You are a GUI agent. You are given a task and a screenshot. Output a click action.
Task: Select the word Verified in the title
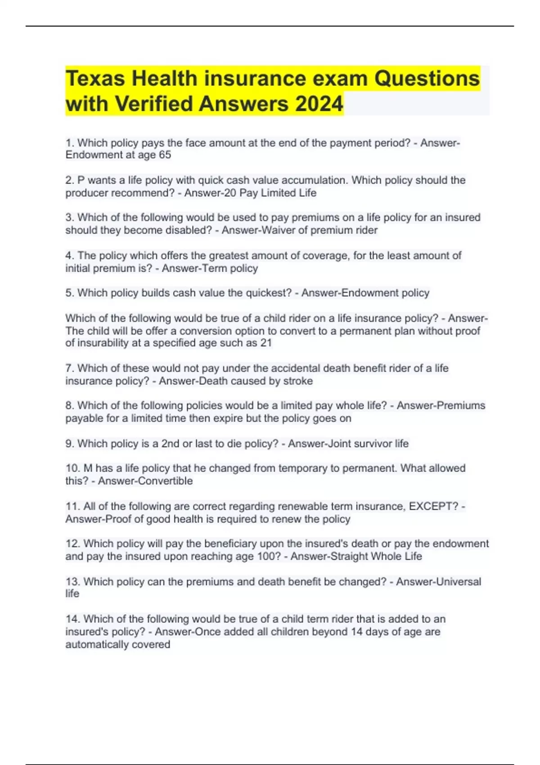tap(154, 104)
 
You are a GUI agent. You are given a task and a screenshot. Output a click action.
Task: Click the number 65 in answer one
tap(165, 155)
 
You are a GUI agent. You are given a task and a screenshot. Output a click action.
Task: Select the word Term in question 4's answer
tap(217, 268)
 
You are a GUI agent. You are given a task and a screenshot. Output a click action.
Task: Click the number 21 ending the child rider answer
tap(266, 343)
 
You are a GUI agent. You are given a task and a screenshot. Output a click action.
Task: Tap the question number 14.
tap(72, 619)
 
